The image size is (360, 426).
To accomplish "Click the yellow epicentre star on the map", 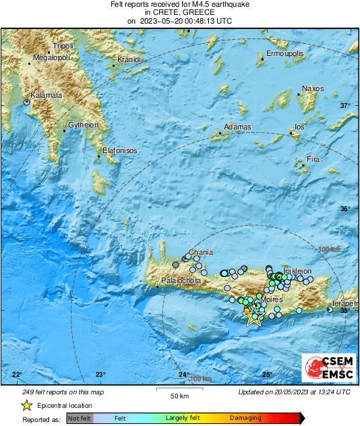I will (253, 316).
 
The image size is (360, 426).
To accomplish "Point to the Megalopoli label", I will (52, 57).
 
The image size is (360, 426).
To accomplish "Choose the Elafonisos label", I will (120, 150).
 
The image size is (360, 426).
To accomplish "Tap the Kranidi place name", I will (128, 59).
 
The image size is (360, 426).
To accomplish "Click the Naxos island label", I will (313, 88).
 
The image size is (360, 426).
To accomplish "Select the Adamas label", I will (237, 127).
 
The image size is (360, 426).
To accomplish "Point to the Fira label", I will (313, 159).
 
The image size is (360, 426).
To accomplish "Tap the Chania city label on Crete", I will (201, 253).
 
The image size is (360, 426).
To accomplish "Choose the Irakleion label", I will (297, 271).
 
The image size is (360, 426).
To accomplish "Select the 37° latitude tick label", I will (345, 105).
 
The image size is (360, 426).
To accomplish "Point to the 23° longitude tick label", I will (100, 374).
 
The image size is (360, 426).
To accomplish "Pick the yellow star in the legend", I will (26, 405).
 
